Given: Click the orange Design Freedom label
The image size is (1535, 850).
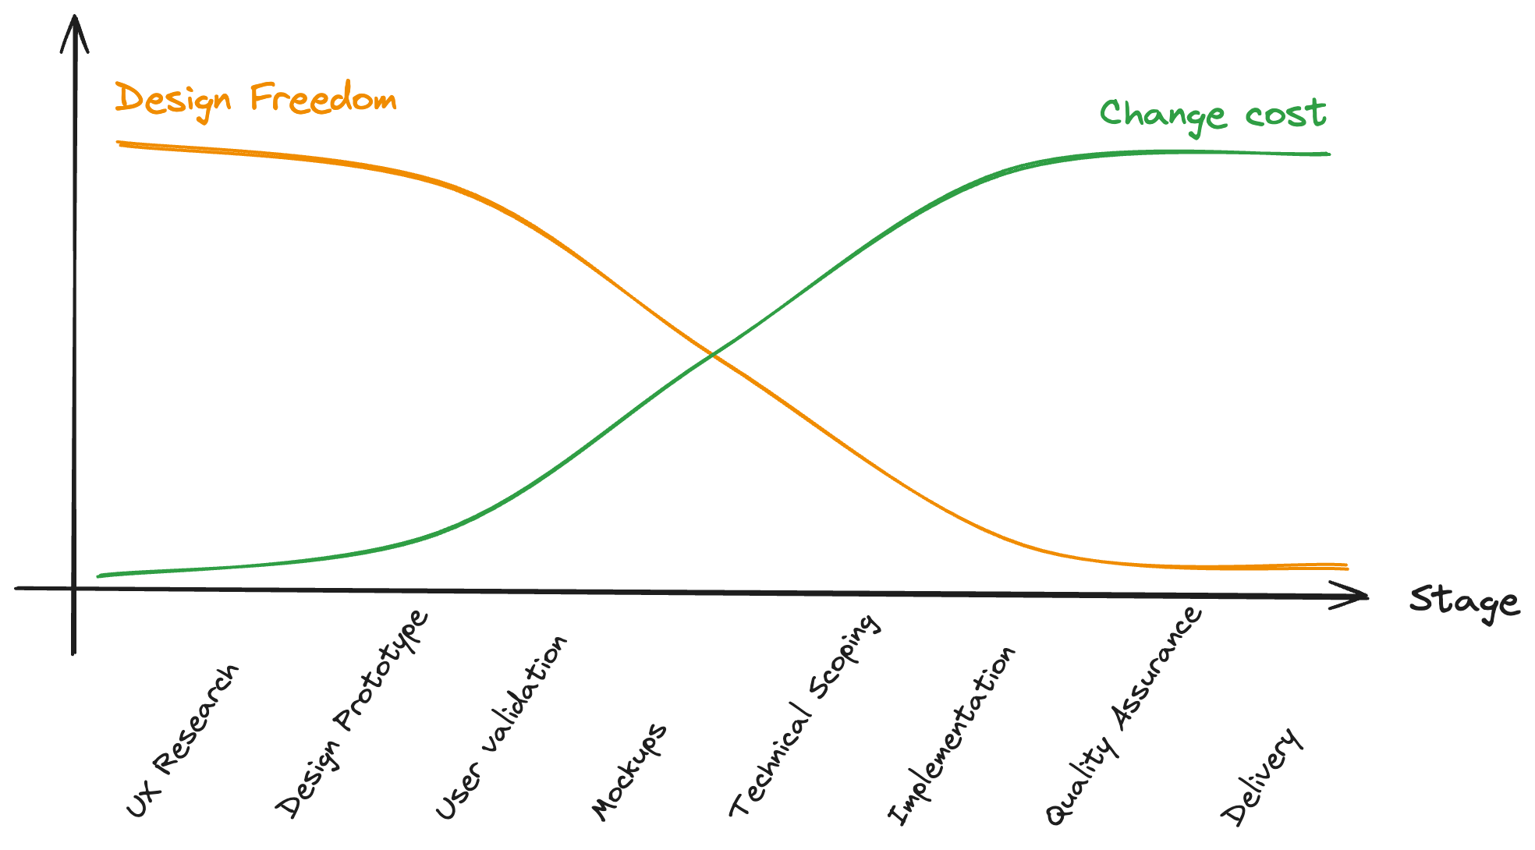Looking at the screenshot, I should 256,100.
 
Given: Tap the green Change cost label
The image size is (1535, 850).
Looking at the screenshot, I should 1212,115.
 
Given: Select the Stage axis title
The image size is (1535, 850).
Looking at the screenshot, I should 1464,602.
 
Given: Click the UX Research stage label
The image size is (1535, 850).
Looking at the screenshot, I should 183,741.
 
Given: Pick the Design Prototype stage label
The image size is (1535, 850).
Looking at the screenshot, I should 352,713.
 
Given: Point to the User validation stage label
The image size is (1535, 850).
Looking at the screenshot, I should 501,728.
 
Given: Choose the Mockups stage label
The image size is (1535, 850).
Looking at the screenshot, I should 629,771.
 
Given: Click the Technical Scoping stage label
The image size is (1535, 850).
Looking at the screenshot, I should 805,715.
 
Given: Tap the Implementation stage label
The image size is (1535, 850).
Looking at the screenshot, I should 952,735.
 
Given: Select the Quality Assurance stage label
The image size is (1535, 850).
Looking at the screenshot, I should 1124,715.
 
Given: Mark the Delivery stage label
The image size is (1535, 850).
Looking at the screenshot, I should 1262,776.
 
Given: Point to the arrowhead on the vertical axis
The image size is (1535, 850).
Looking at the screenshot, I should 75,23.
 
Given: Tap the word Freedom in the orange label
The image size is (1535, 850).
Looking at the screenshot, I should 323,99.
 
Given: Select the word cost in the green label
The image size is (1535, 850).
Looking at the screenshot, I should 1285,115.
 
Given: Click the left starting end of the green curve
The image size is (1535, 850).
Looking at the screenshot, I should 99,576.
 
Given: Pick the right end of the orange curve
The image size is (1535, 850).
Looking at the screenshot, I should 1345,566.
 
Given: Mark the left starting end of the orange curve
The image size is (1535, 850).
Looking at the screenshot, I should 119,143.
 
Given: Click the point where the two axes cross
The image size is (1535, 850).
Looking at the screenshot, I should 74,588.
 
